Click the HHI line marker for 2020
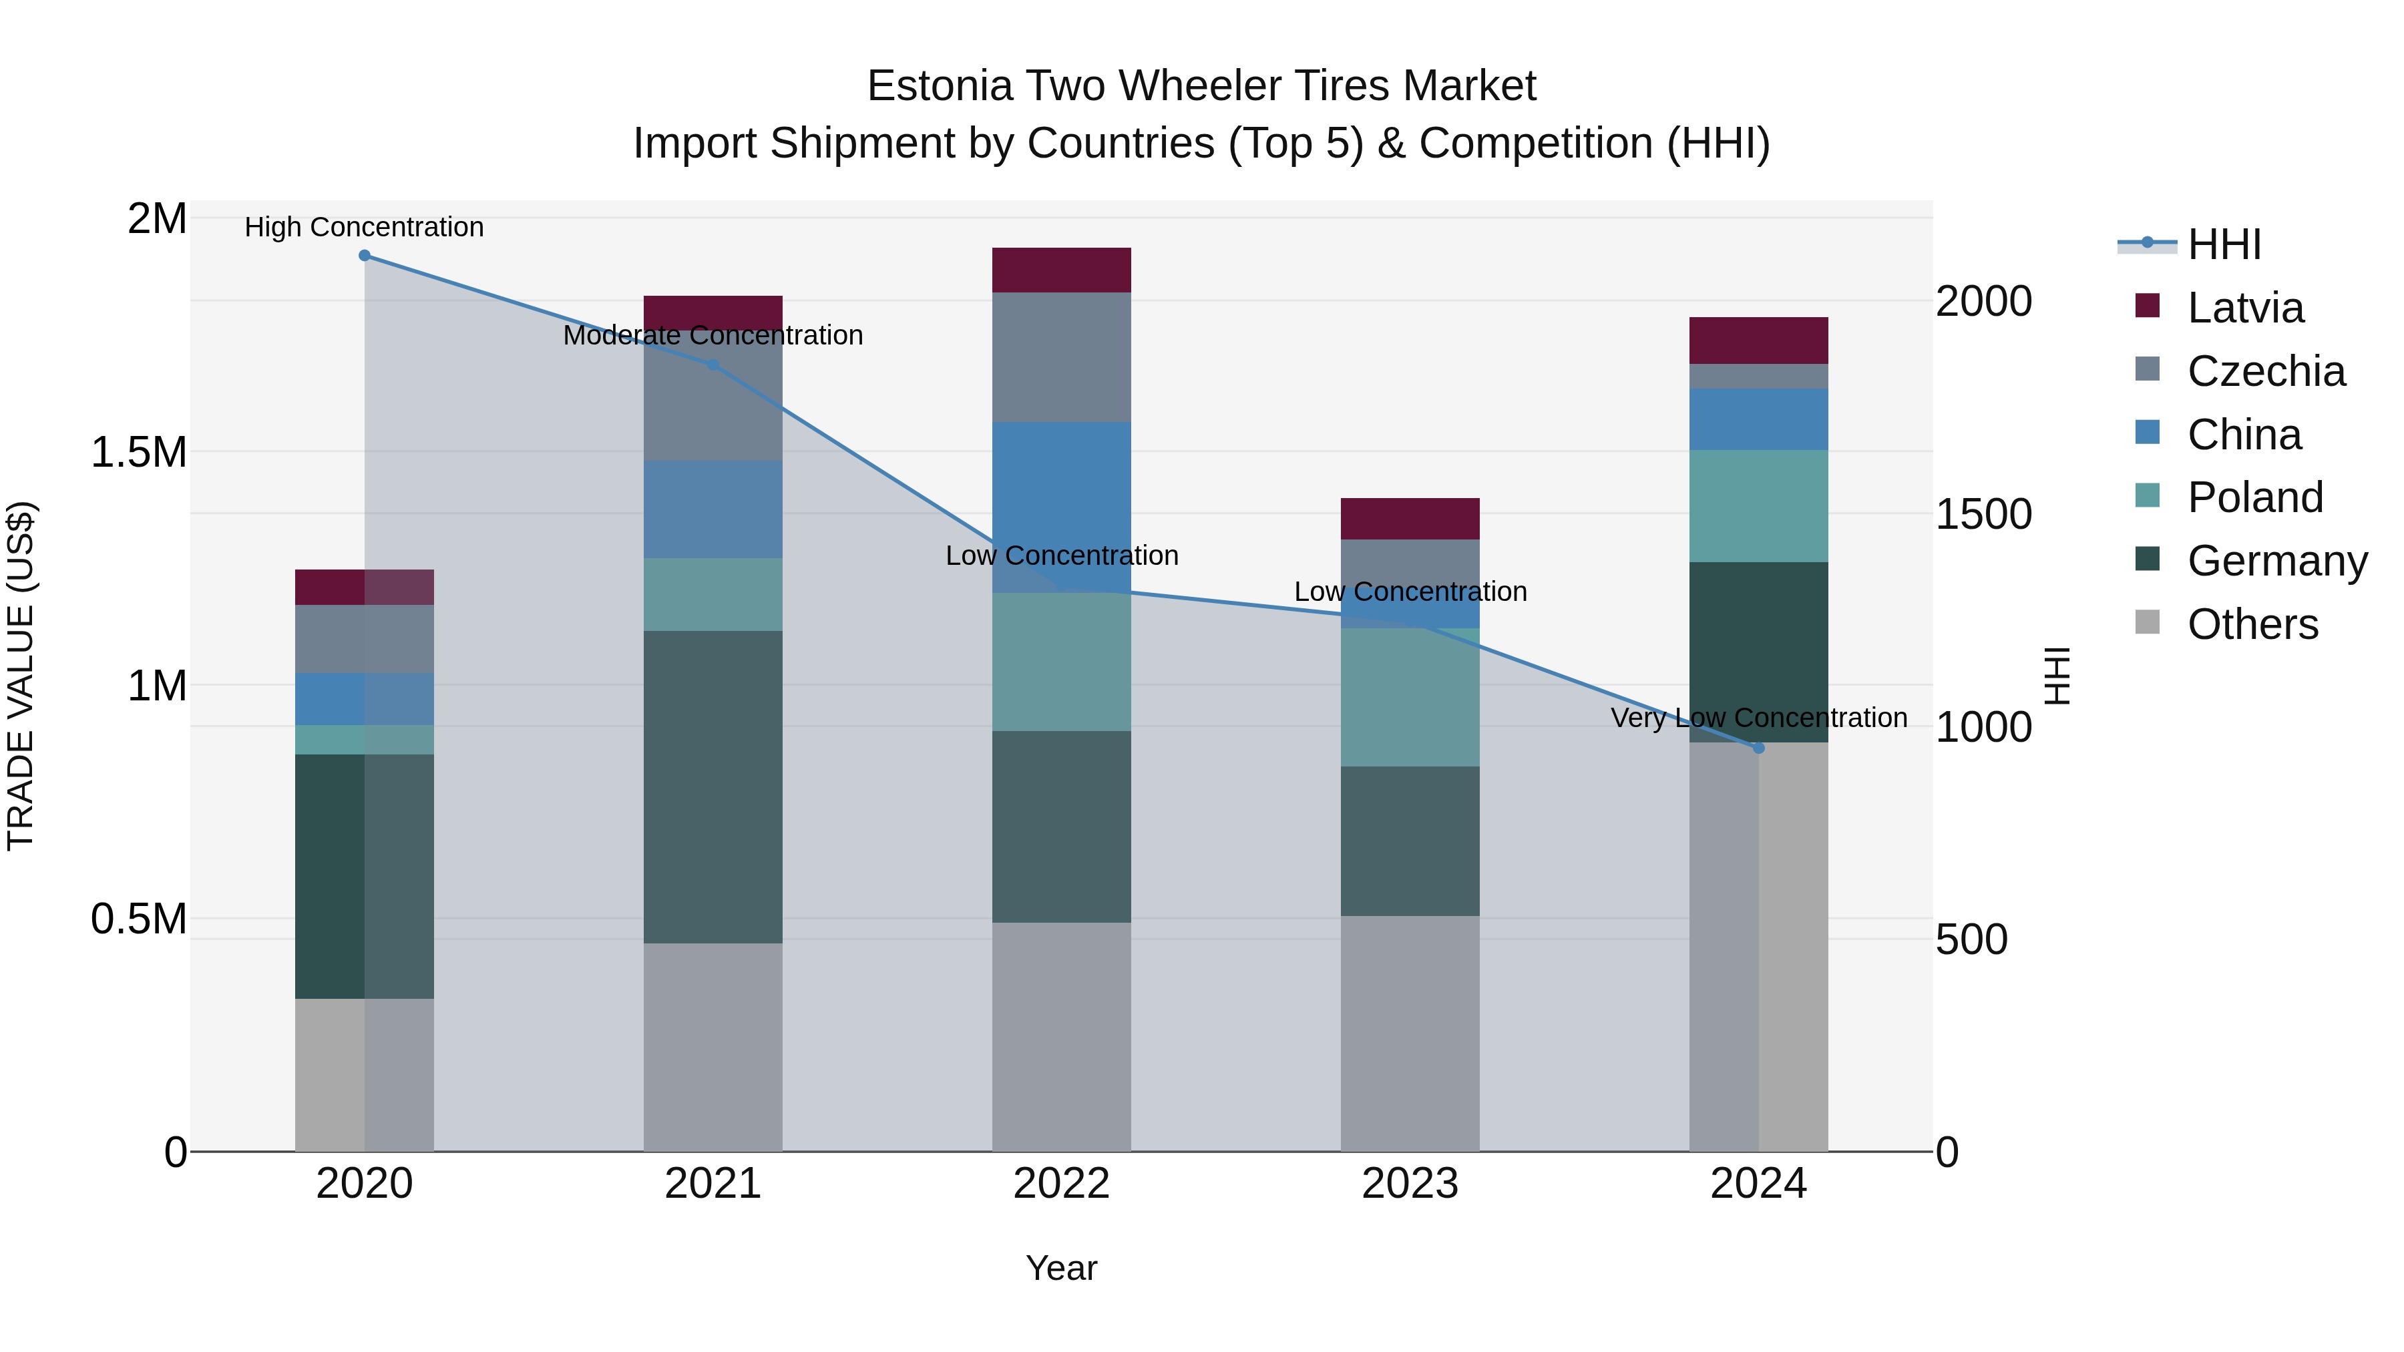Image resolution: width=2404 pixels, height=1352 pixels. tap(364, 256)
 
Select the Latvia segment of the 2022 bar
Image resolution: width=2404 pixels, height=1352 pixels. tap(1061, 270)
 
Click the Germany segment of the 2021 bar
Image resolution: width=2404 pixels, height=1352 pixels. tap(713, 786)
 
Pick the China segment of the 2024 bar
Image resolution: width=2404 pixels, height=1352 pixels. tap(1758, 420)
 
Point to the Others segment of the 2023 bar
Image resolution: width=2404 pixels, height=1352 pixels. tap(1410, 1033)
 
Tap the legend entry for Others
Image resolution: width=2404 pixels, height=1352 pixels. tap(2252, 624)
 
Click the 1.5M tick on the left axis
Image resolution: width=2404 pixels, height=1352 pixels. tap(138, 453)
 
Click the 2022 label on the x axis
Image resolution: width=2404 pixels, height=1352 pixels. tap(1061, 1184)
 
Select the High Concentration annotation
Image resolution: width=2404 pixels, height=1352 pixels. tap(364, 227)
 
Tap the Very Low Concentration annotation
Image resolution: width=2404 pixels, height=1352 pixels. tap(1758, 718)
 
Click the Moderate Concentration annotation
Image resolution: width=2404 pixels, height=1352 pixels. tap(713, 335)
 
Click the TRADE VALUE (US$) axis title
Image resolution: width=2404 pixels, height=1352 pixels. tap(21, 676)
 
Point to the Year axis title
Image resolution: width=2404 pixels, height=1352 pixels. tap(1061, 1268)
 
